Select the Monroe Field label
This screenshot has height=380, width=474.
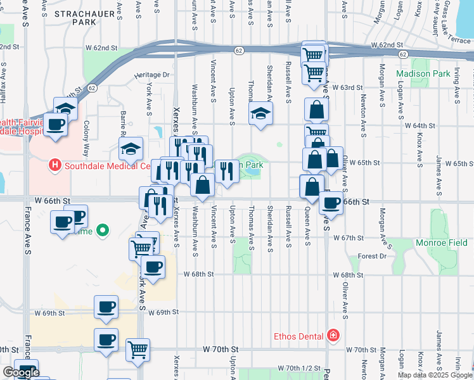441,243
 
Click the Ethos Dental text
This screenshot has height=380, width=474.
298,336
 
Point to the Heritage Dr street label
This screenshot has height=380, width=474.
153,75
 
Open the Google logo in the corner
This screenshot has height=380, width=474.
21,372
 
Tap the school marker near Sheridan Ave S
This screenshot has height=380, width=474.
260,115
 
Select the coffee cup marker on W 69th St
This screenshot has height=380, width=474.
106,307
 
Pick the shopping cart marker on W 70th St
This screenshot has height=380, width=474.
138,349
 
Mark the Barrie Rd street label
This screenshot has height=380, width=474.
122,123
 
